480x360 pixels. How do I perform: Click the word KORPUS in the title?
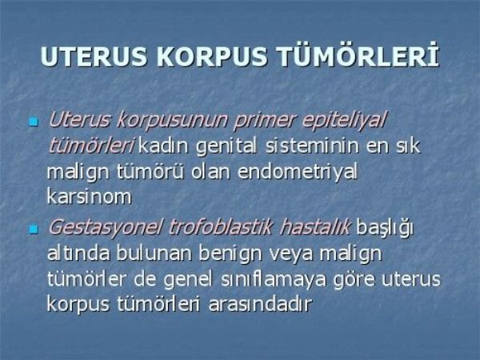click(x=211, y=57)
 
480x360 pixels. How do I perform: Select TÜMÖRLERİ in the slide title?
click(x=358, y=56)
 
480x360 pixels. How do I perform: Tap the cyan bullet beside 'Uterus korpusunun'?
click(x=34, y=122)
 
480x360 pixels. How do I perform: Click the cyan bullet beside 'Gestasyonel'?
click(x=34, y=230)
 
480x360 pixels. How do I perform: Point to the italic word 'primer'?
click(x=265, y=120)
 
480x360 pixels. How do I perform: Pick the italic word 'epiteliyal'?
click(x=344, y=120)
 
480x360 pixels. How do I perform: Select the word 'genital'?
click(x=226, y=146)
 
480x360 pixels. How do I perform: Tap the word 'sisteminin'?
click(x=312, y=146)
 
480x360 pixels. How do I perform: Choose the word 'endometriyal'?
click(x=298, y=172)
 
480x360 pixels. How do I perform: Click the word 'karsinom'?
click(x=89, y=196)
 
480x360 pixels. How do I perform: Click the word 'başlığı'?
click(x=385, y=228)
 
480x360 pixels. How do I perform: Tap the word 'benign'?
click(x=230, y=254)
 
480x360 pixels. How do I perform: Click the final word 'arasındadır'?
click(x=260, y=304)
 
